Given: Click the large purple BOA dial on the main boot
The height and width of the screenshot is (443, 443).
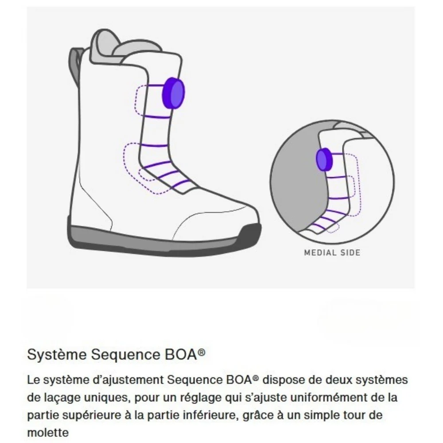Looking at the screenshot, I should click(x=174, y=93).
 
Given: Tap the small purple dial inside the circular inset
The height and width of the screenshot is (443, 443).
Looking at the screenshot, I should click(x=323, y=160).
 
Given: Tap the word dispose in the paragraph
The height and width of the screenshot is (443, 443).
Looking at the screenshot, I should click(x=281, y=380).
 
